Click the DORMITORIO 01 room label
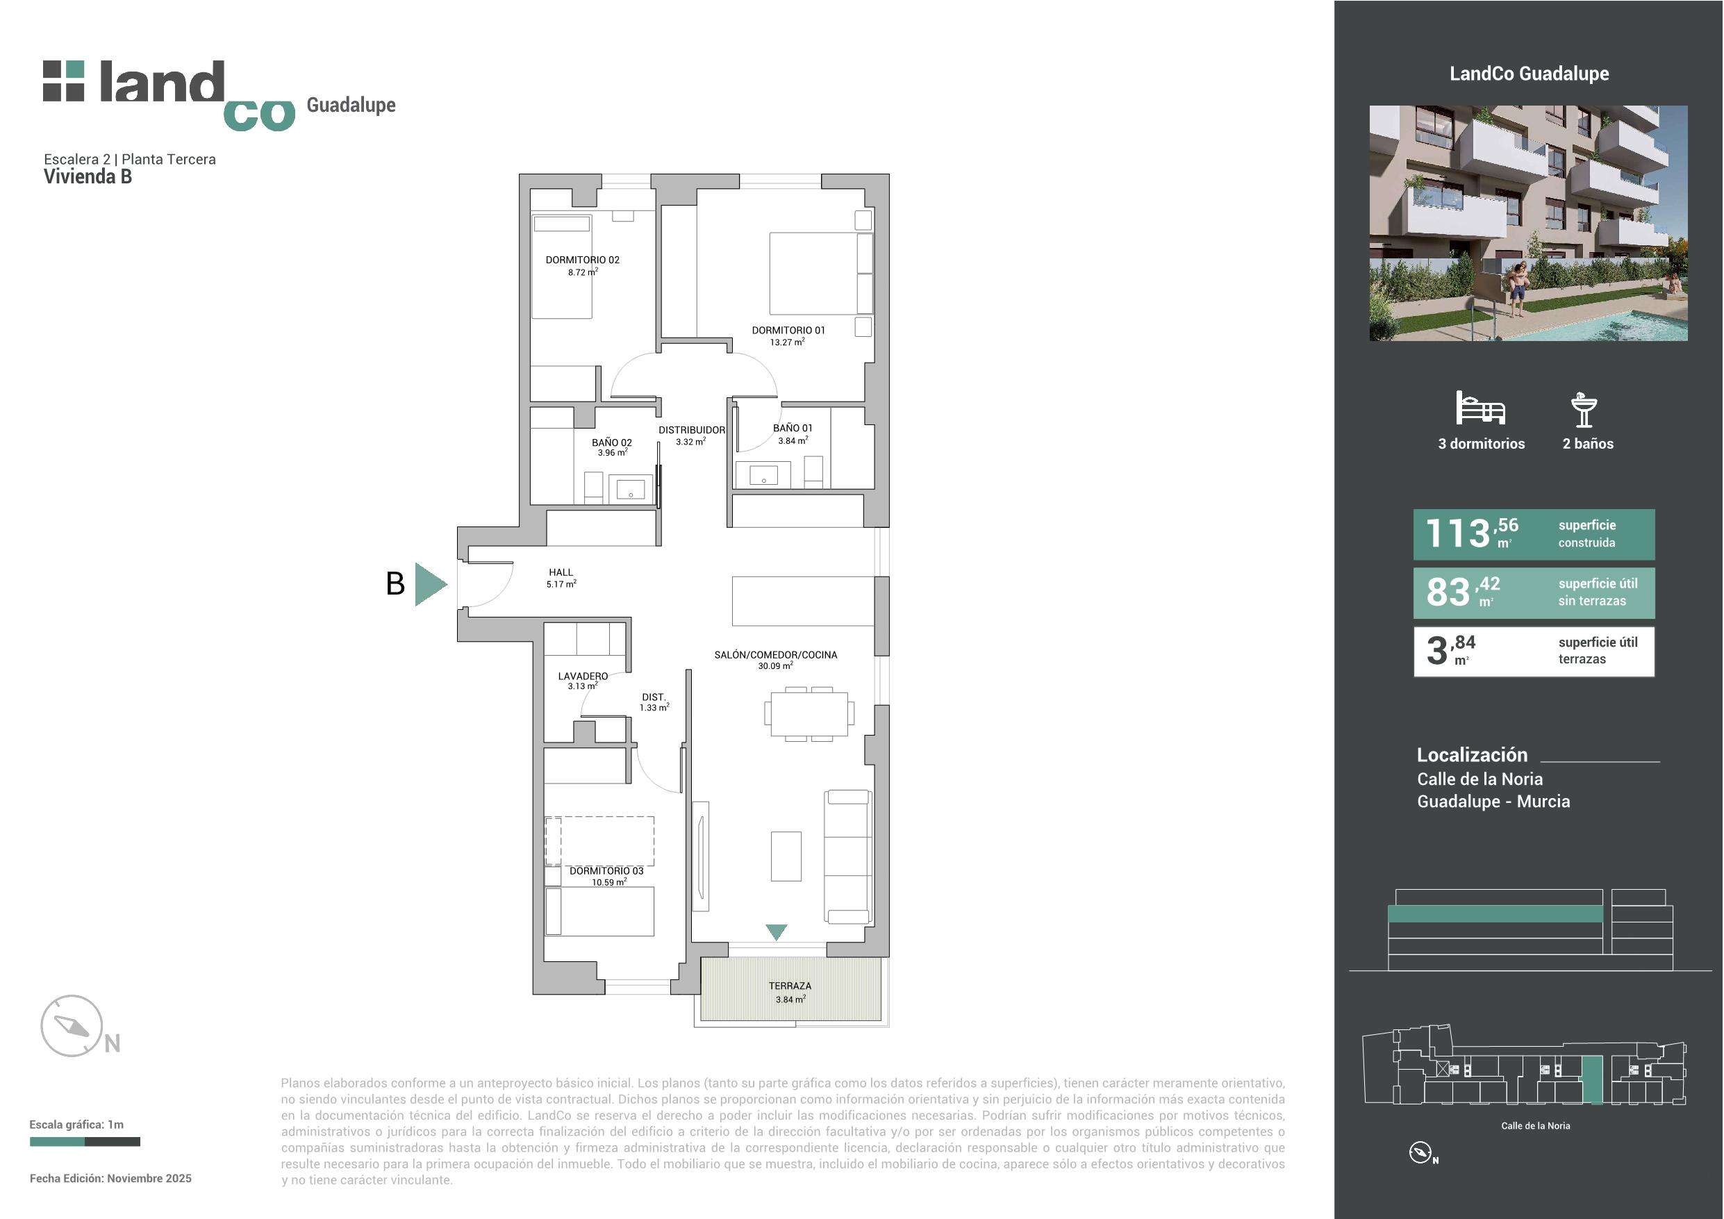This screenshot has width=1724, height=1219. click(788, 330)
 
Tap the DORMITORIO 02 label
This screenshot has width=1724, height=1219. click(582, 260)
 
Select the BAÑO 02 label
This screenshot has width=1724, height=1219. click(611, 442)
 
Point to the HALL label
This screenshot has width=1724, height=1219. click(561, 572)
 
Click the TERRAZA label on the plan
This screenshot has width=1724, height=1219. click(790, 986)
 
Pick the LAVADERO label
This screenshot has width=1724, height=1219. click(583, 676)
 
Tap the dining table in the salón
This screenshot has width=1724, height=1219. click(809, 713)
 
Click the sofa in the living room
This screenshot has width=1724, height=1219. click(849, 856)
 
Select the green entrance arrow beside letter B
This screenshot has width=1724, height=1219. click(429, 583)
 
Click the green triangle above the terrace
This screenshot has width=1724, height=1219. click(777, 931)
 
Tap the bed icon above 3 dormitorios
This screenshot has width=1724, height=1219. click(1480, 408)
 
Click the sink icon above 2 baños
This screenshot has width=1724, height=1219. click(1584, 409)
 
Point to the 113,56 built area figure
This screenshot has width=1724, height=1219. click(1471, 533)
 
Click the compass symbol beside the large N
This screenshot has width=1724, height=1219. click(71, 1025)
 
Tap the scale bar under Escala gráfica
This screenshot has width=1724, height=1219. click(85, 1142)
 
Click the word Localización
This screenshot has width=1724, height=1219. click(1472, 755)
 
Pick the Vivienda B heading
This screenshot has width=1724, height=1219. click(88, 176)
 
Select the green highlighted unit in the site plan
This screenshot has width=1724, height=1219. click(1592, 1080)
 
